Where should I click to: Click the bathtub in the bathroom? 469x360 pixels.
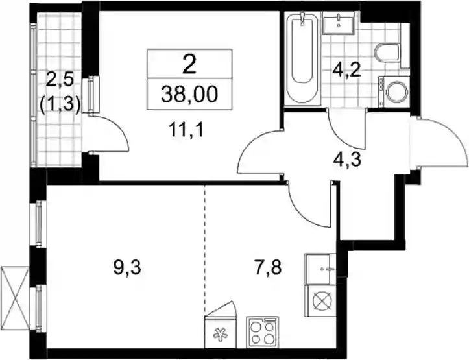[302, 58]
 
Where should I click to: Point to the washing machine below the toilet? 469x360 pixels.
[394, 91]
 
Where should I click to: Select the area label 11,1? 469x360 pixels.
[186, 130]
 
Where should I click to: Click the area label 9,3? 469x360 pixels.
[127, 268]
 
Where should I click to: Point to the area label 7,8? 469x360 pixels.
[267, 268]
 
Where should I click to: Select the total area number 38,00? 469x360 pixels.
[189, 95]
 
